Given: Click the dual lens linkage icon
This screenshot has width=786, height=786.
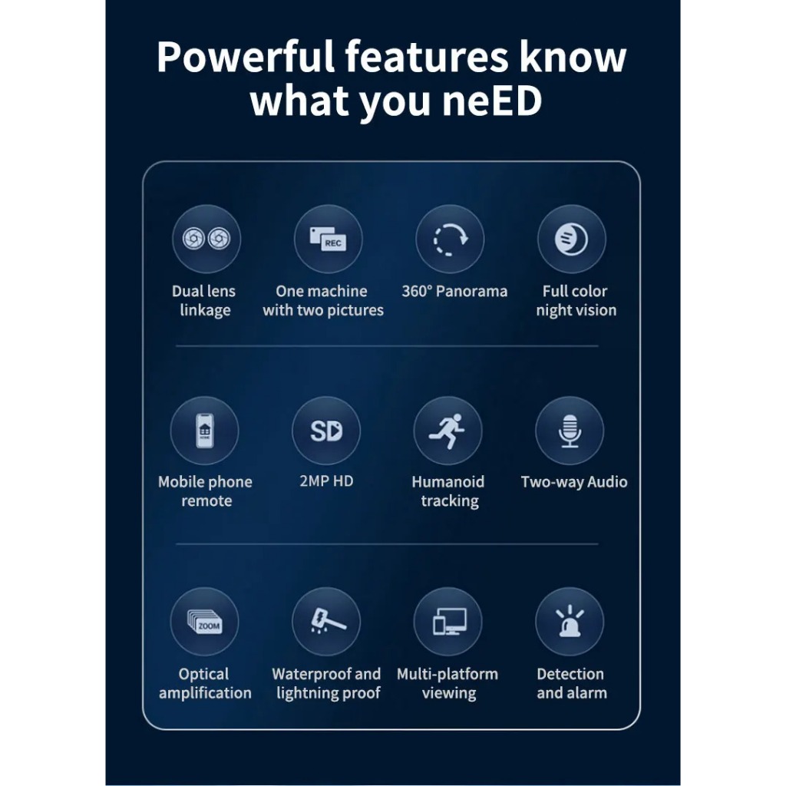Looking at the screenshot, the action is click(206, 239).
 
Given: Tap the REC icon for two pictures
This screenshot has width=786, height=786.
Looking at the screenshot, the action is click(328, 239).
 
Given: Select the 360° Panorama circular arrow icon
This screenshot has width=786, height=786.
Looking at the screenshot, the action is click(450, 239).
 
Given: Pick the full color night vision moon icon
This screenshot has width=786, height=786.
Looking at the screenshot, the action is click(571, 239).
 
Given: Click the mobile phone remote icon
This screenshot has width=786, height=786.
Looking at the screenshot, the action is click(205, 431).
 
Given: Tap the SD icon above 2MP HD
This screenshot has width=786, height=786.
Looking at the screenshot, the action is click(326, 431).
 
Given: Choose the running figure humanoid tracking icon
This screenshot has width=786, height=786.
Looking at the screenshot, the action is click(447, 431).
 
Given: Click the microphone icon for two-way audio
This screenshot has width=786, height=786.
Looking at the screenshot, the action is click(570, 431).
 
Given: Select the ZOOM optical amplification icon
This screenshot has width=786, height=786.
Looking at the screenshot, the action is click(205, 622).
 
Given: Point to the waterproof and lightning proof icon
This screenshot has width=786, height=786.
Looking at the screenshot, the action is click(326, 622).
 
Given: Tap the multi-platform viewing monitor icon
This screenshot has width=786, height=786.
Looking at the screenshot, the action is click(447, 622).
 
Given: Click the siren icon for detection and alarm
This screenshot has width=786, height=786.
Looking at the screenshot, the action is click(570, 622).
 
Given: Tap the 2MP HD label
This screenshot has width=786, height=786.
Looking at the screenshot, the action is click(326, 482).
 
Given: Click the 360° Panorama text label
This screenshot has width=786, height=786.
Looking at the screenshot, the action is click(454, 292).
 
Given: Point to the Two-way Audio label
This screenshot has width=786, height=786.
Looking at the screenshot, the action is click(574, 482).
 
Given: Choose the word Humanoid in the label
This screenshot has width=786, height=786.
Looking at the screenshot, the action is click(448, 482).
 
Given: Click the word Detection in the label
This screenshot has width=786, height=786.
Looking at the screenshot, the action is click(570, 674).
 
